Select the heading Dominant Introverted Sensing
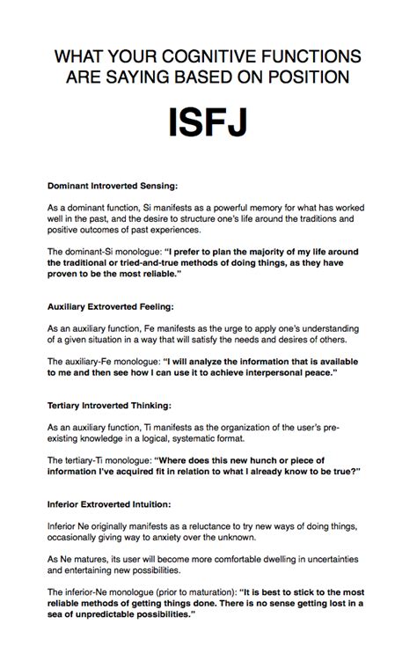(113, 186)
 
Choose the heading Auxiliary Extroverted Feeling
(113, 307)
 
